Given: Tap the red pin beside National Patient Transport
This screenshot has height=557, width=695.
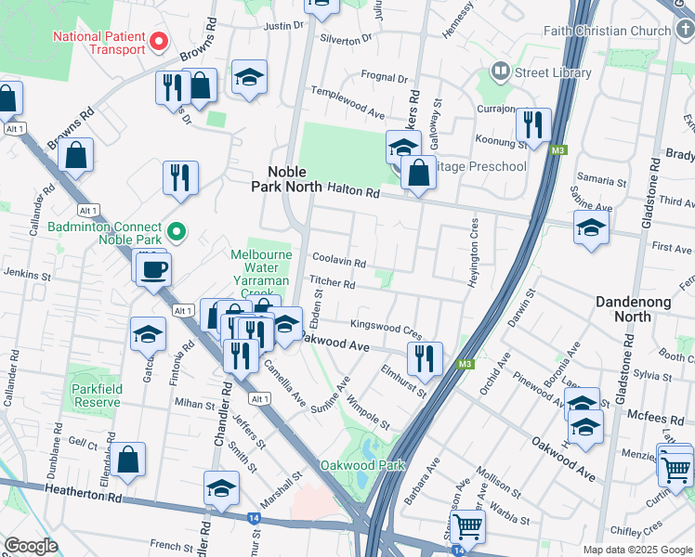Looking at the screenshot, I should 159,42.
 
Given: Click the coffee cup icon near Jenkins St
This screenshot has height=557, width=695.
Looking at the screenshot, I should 153,270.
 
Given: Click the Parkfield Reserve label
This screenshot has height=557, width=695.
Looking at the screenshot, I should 93,396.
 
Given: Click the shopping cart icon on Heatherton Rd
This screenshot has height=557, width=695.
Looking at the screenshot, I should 467,526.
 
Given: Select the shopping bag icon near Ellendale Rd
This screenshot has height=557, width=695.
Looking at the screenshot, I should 129,459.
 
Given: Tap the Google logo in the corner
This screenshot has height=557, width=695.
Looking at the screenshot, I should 30,546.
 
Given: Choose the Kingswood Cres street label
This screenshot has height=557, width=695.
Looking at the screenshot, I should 386,328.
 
